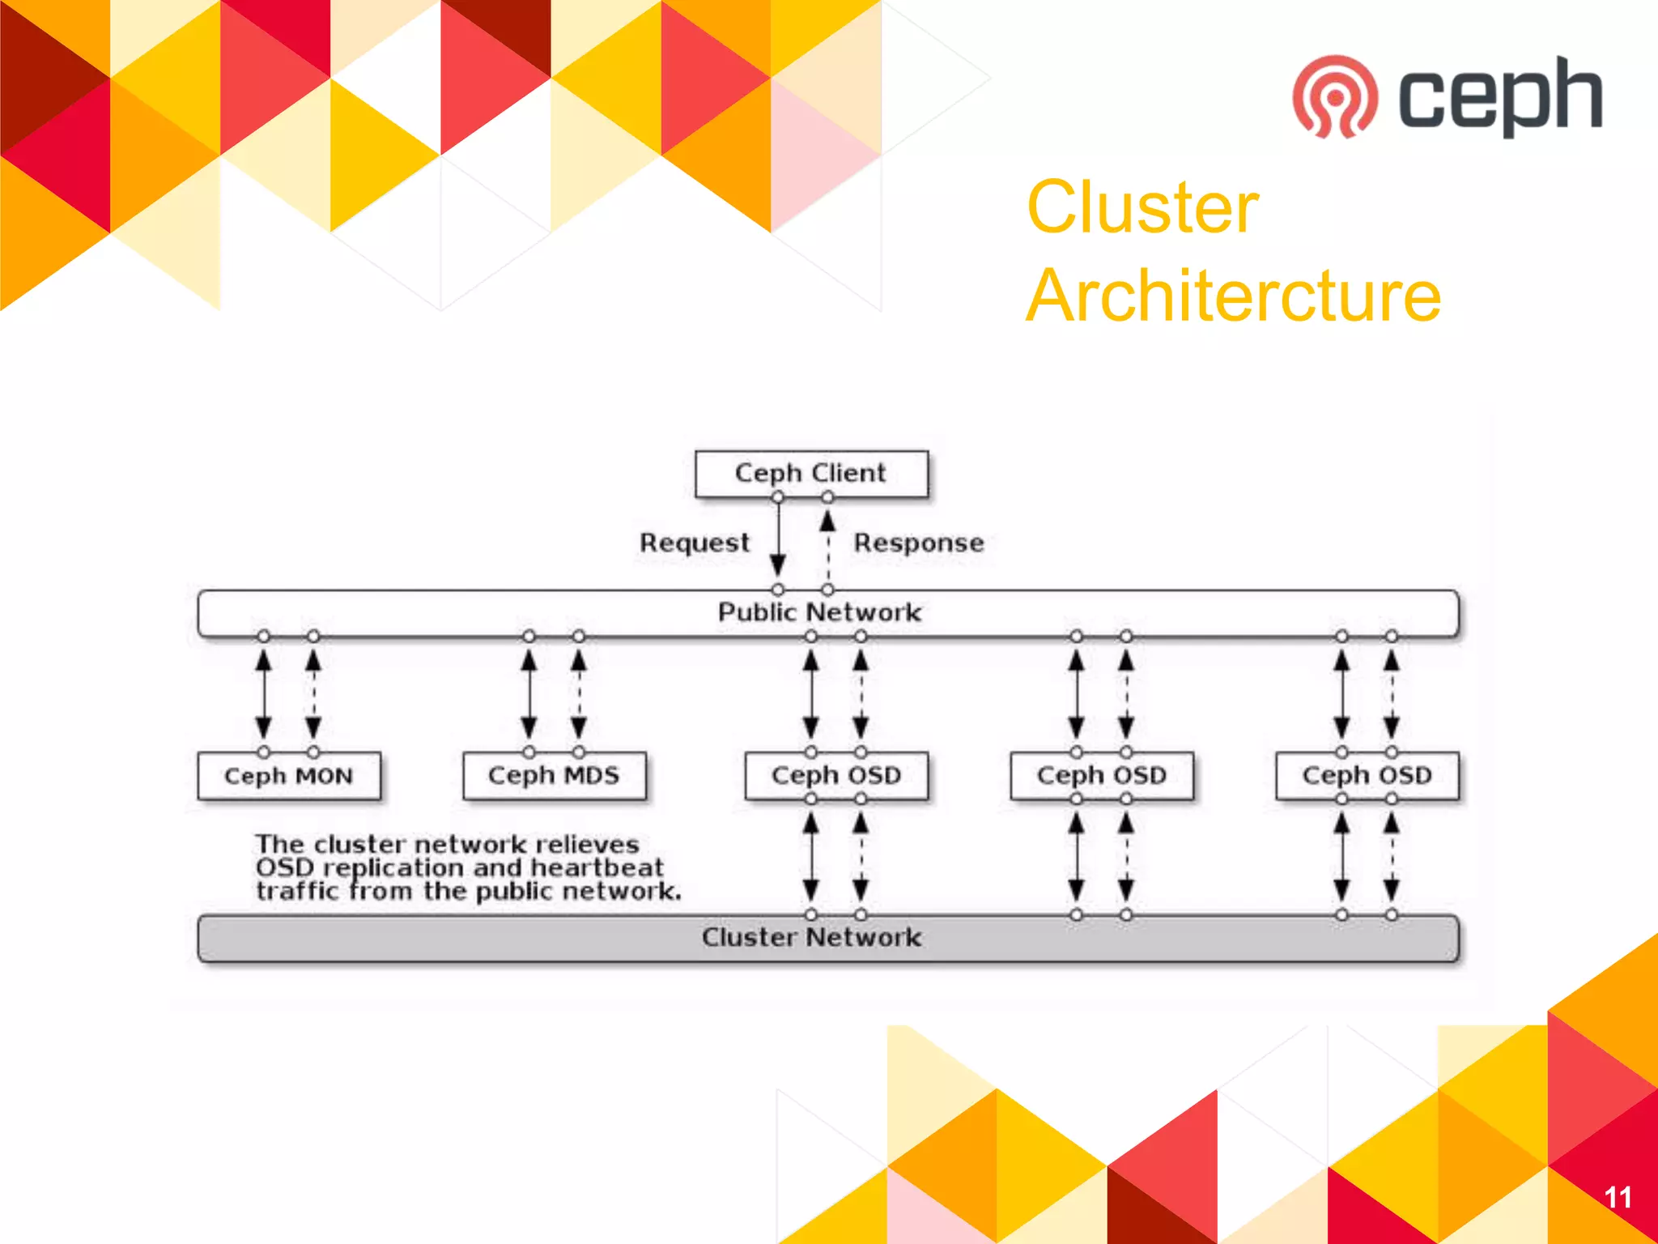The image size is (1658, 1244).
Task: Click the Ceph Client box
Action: (x=810, y=473)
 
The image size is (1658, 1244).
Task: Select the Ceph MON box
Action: (x=288, y=776)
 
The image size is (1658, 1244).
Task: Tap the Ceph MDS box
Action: (x=554, y=776)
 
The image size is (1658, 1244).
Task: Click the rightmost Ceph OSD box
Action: (x=1367, y=776)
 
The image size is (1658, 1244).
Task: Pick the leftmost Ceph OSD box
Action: (x=835, y=776)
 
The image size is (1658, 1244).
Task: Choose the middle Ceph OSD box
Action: (x=1101, y=776)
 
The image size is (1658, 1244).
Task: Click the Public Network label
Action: (x=819, y=612)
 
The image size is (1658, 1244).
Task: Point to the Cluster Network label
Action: (x=811, y=937)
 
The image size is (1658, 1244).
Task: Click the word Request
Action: (x=694, y=543)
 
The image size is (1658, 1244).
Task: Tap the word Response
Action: (x=919, y=543)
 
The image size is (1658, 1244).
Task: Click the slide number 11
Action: (x=1618, y=1197)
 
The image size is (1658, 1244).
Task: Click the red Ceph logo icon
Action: (x=1334, y=96)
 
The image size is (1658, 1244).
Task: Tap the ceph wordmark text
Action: (x=1499, y=96)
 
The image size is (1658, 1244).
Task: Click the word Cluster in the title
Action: (x=1142, y=207)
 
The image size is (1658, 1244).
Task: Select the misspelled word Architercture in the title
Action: (x=1233, y=296)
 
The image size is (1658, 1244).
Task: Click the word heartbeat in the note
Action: (x=597, y=868)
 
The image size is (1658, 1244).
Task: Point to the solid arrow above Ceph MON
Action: (x=263, y=694)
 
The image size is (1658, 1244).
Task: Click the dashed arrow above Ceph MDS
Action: (x=579, y=694)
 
